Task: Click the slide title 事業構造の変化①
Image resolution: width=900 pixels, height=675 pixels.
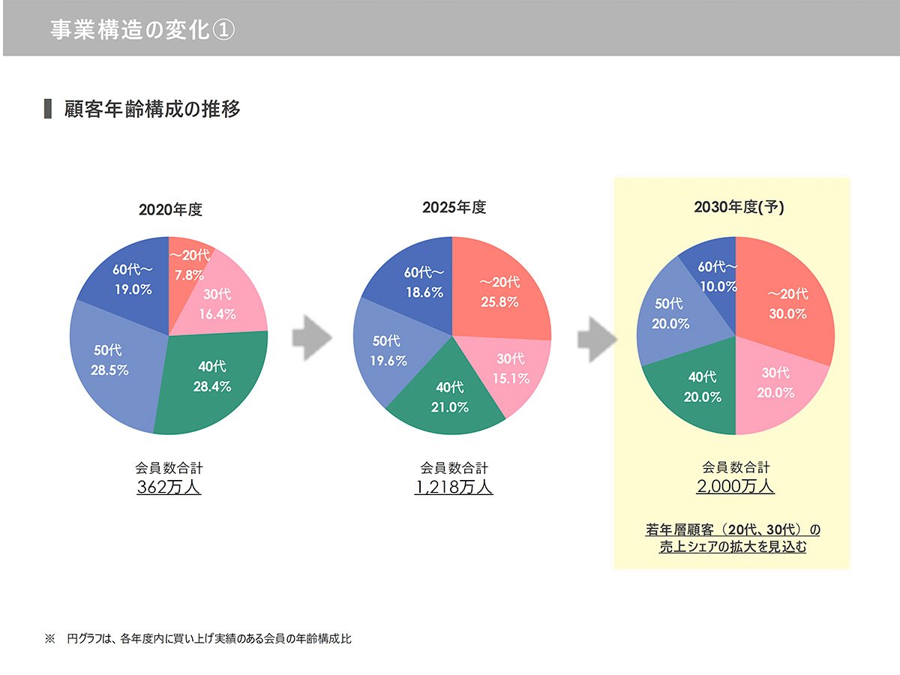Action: click(x=142, y=30)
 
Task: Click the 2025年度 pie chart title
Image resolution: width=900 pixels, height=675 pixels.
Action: click(x=454, y=208)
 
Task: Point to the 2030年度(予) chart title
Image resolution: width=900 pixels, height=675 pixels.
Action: click(x=739, y=208)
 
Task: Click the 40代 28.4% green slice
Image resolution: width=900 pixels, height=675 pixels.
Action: click(x=214, y=379)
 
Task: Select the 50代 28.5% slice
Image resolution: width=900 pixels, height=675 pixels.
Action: click(x=110, y=360)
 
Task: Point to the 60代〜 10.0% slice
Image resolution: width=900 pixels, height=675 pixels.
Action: click(x=717, y=275)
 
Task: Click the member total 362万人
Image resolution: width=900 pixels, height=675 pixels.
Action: click(x=169, y=487)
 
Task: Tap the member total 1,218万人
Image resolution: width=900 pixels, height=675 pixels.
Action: click(x=454, y=487)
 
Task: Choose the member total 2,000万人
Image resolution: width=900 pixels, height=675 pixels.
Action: click(x=735, y=487)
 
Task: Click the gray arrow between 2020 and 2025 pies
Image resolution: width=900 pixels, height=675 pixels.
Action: click(x=311, y=338)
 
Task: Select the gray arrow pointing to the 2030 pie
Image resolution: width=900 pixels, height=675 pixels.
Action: click(x=596, y=338)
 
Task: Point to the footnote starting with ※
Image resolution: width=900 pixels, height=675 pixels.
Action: click(x=198, y=640)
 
